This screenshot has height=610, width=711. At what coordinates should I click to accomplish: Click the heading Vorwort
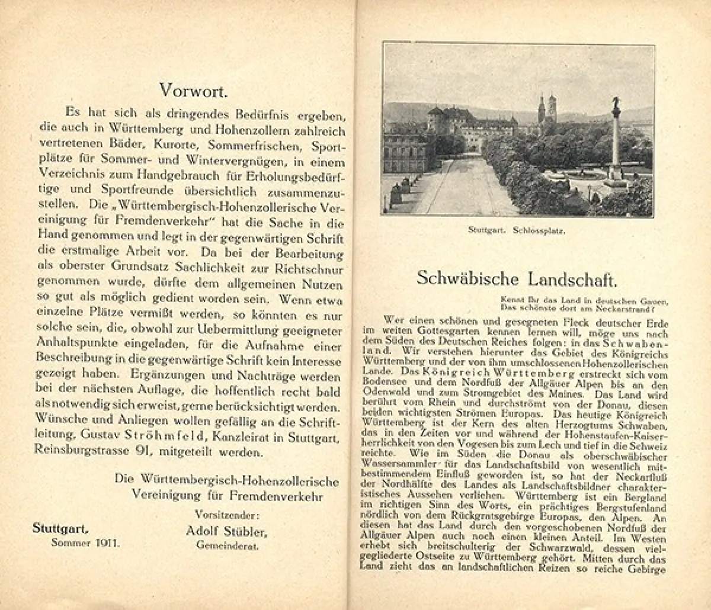coord(194,90)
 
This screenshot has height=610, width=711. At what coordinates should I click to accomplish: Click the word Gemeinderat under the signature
coord(228,545)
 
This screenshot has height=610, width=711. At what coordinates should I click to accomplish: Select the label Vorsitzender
coord(227,514)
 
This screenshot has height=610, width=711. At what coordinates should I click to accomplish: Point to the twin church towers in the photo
coord(546,110)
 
